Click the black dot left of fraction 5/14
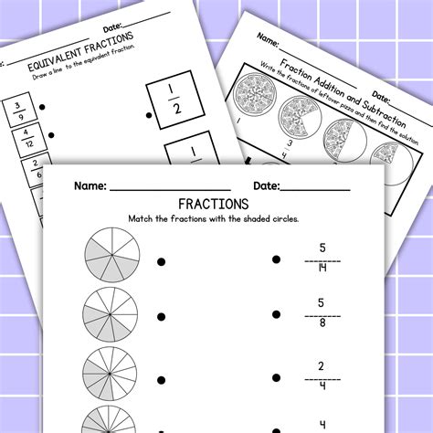[x=276, y=261]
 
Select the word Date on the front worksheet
[x=266, y=185]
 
